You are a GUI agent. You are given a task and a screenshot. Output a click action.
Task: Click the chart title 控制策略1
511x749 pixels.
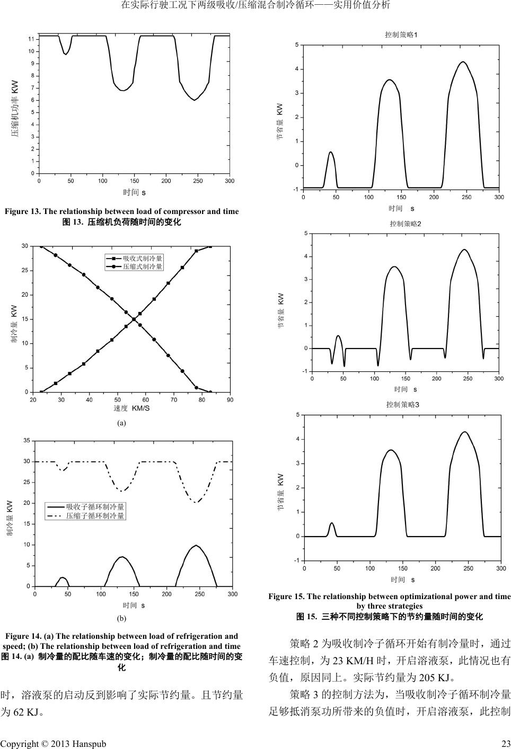pyautogui.click(x=401, y=35)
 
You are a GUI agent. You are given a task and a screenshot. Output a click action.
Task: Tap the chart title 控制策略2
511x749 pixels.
pyautogui.click(x=405, y=224)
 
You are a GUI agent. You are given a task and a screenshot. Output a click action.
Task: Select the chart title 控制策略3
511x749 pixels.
pyautogui.click(x=402, y=405)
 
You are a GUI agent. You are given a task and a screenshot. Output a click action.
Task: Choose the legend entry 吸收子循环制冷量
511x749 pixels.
pyautogui.click(x=95, y=507)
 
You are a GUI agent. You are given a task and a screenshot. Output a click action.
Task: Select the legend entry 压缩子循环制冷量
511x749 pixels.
pyautogui.click(x=95, y=515)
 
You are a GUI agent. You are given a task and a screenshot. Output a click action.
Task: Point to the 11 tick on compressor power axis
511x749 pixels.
pyautogui.click(x=31, y=39)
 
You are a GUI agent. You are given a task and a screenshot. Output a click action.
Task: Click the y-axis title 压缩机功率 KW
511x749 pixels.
pyautogui.click(x=15, y=109)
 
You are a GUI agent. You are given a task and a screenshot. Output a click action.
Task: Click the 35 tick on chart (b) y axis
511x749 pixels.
pyautogui.click(x=27, y=441)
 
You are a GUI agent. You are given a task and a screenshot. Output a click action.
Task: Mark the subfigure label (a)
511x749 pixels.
pyautogui.click(x=121, y=423)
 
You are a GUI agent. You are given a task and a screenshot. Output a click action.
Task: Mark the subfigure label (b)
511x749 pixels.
pyautogui.click(x=121, y=618)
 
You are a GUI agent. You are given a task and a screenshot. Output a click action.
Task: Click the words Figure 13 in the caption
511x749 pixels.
pyautogui.click(x=22, y=211)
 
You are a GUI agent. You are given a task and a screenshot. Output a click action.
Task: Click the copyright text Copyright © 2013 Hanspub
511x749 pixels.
pyautogui.click(x=53, y=743)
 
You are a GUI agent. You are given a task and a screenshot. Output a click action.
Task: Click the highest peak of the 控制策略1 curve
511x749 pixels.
pyautogui.click(x=463, y=62)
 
